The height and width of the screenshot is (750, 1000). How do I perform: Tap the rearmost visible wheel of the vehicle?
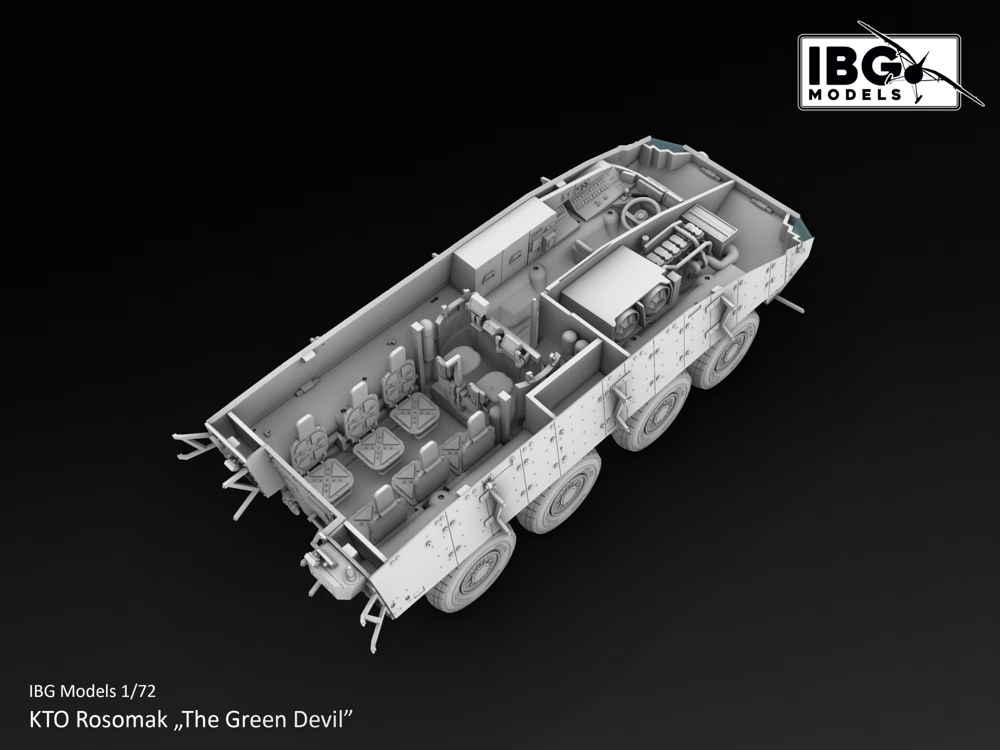pos(470,570)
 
